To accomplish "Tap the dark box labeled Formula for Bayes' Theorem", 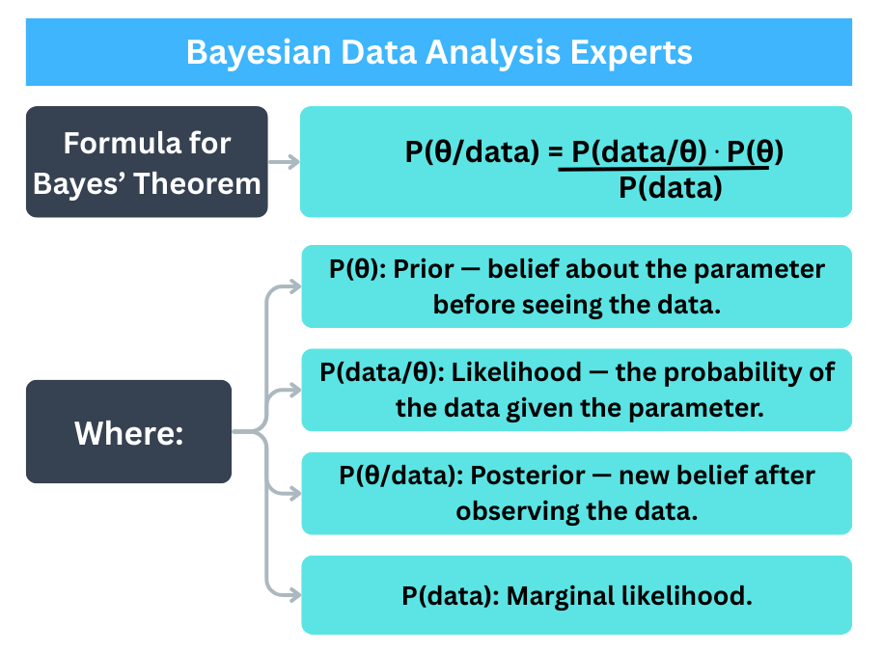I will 147,162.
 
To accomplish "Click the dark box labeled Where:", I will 128,432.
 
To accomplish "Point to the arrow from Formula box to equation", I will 284,162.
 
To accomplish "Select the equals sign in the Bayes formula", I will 553,152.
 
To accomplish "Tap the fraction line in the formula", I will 664,169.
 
